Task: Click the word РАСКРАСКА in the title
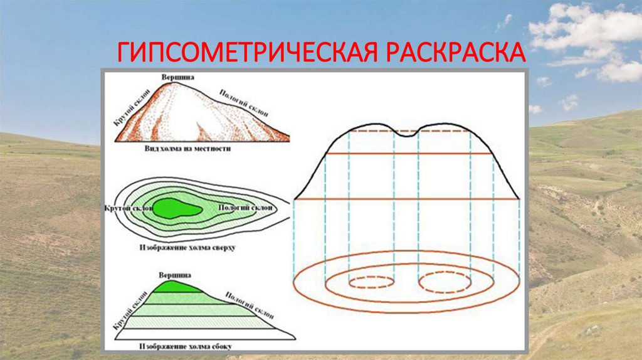[x=455, y=53]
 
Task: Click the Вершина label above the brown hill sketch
[x=177, y=77]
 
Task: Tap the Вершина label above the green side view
[x=174, y=275]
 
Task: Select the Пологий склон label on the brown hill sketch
[x=244, y=102]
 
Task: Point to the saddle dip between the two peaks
[x=408, y=133]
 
